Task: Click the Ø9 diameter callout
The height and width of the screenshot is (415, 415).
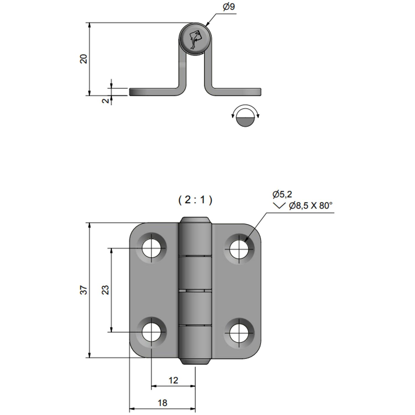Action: tap(229, 7)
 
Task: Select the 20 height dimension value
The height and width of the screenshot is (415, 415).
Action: tap(84, 59)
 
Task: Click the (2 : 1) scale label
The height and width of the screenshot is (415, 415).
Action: tap(195, 199)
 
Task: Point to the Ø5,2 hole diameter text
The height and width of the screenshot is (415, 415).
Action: tap(282, 194)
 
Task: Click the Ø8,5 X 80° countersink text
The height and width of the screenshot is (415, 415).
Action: tap(310, 206)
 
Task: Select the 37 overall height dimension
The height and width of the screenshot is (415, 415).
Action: tap(84, 290)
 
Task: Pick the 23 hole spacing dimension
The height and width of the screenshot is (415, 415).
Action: tap(106, 290)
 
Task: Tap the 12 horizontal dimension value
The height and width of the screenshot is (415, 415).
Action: tap(173, 380)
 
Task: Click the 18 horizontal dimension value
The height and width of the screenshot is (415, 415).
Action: tap(162, 403)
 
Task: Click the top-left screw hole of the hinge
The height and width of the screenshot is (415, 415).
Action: tap(151, 248)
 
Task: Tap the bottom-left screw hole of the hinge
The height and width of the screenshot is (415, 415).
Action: tap(151, 332)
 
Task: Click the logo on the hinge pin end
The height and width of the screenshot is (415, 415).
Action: tap(195, 39)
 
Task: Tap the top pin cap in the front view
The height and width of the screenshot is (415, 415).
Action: tap(195, 220)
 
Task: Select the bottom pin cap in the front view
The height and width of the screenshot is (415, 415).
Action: tap(195, 361)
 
